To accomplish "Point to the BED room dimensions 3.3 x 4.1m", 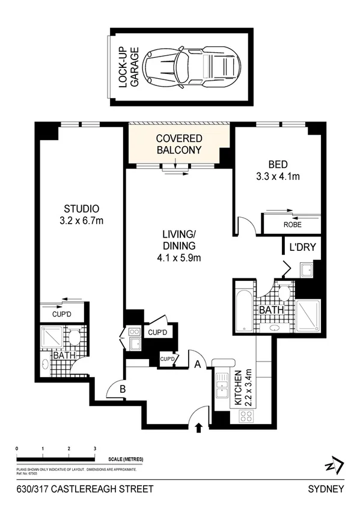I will pyautogui.click(x=277, y=176).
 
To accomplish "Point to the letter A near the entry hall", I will pyautogui.click(x=197, y=363).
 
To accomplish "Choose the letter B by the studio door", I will pyautogui.click(x=122, y=389).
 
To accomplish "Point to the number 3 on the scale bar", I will pyautogui.click(x=95, y=449).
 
